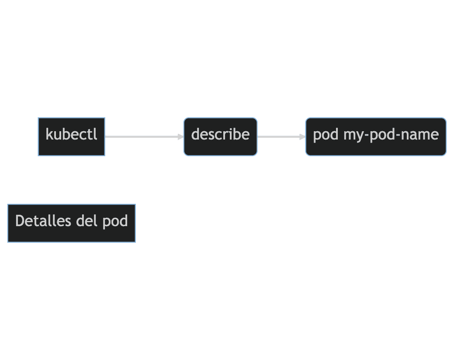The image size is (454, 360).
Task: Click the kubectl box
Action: tap(72, 136)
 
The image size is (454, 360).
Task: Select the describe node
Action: tap(220, 136)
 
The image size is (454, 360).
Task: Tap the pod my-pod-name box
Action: tap(376, 136)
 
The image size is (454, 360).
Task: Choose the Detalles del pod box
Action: tap(72, 223)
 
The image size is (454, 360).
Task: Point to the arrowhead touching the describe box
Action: tap(181, 137)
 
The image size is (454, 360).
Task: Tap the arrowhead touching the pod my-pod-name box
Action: tap(302, 137)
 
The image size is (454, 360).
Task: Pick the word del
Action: tap(87, 221)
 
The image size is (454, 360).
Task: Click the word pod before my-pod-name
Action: tap(326, 135)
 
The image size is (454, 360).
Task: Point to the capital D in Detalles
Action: tap(19, 221)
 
